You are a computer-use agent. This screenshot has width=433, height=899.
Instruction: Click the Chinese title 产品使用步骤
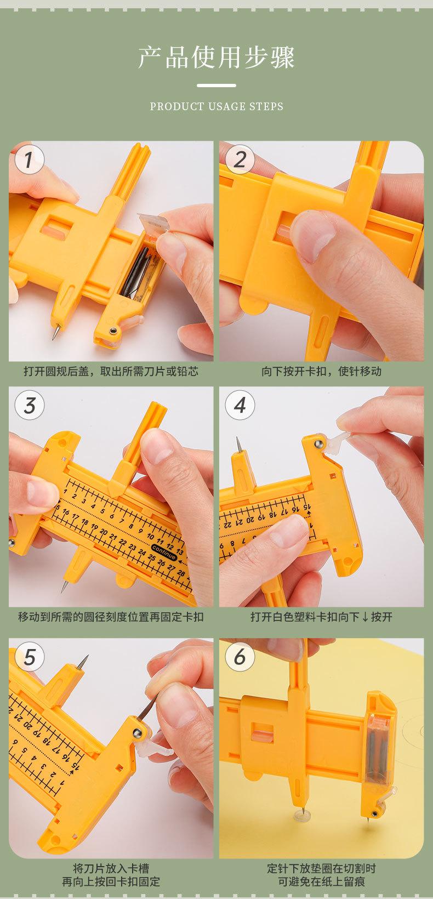[x=216, y=58]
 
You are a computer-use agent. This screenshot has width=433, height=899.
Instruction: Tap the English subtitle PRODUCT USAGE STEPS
[x=216, y=106]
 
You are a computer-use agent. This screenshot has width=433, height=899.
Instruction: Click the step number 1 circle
[x=29, y=160]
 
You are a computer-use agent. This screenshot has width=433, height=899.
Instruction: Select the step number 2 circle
[x=240, y=160]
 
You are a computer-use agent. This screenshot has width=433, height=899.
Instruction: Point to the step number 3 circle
[x=29, y=405]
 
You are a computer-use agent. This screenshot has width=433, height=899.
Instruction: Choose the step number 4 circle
[x=240, y=405]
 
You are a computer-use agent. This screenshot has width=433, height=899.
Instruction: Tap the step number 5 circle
[x=29, y=657]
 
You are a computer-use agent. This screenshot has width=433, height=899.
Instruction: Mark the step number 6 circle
[x=240, y=657]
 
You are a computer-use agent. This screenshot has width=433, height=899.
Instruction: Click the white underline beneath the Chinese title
[x=216, y=86]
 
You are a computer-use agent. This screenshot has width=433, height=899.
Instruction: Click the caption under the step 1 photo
[x=111, y=371]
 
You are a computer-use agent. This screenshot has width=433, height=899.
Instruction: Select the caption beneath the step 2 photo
[x=321, y=371]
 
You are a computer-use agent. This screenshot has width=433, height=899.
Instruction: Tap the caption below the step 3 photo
[x=111, y=617]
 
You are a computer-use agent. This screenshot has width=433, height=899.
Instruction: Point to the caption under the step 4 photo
[x=321, y=617]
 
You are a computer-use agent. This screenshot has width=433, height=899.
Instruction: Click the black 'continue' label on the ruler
[x=164, y=552]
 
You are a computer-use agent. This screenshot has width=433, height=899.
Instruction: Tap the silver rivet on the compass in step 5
[x=138, y=733]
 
